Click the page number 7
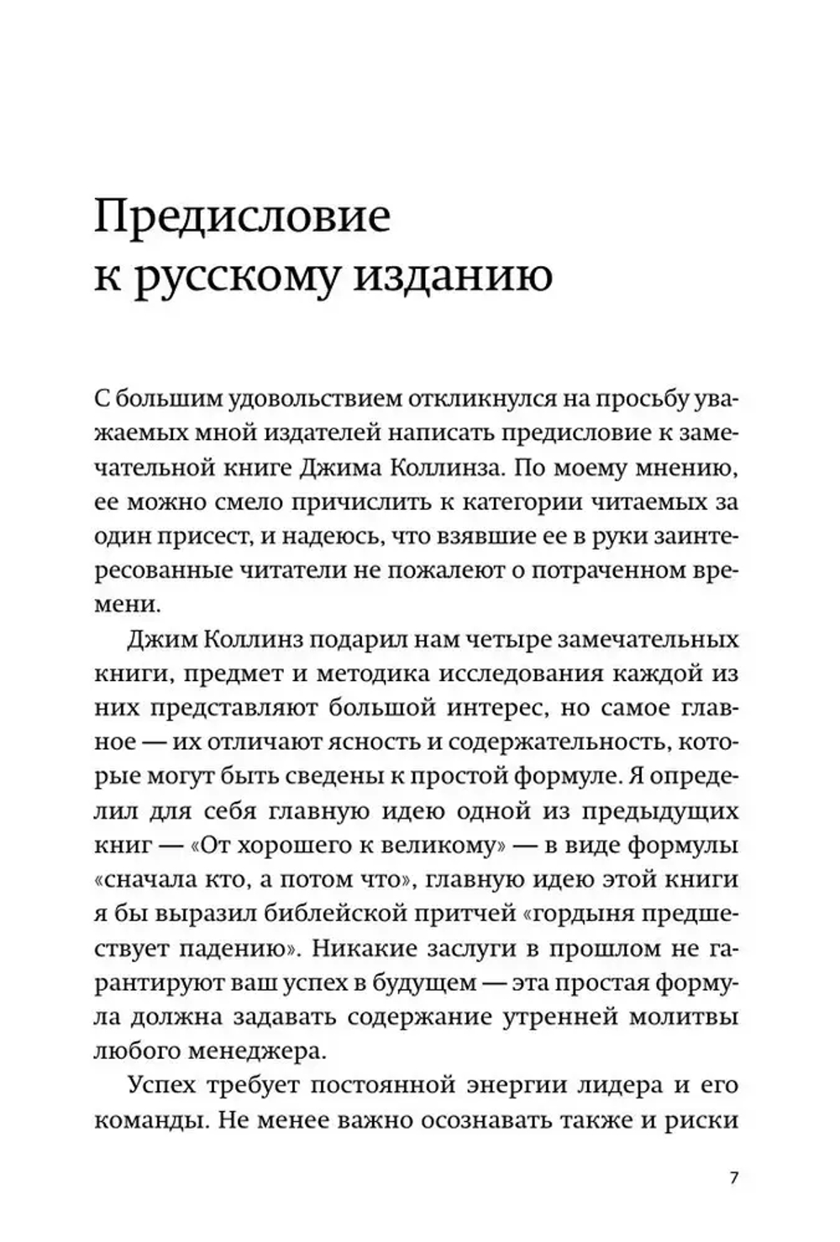pyautogui.click(x=733, y=1177)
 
